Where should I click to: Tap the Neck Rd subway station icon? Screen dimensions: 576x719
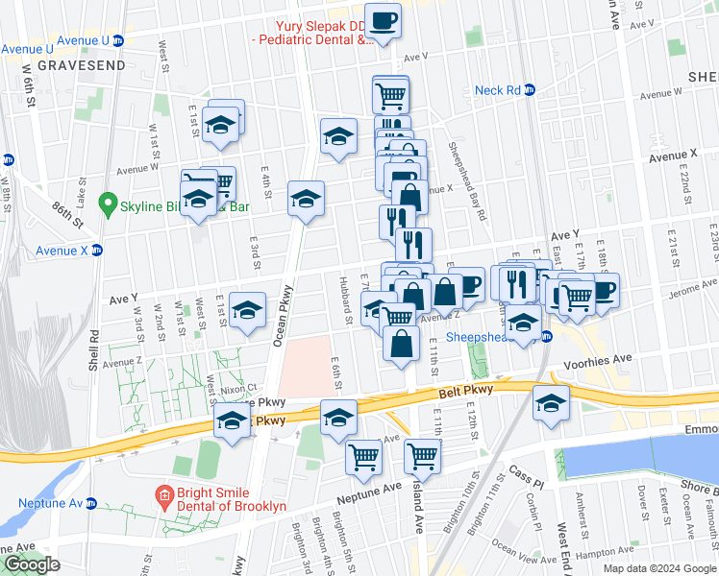click(x=529, y=90)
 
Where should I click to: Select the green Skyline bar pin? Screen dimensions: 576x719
click(x=109, y=205)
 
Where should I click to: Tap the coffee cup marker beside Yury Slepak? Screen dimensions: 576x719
click(x=384, y=21)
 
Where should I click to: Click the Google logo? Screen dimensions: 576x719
click(x=31, y=564)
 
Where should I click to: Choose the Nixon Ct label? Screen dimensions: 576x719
click(x=239, y=388)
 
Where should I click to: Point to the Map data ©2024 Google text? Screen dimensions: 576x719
click(x=658, y=568)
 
